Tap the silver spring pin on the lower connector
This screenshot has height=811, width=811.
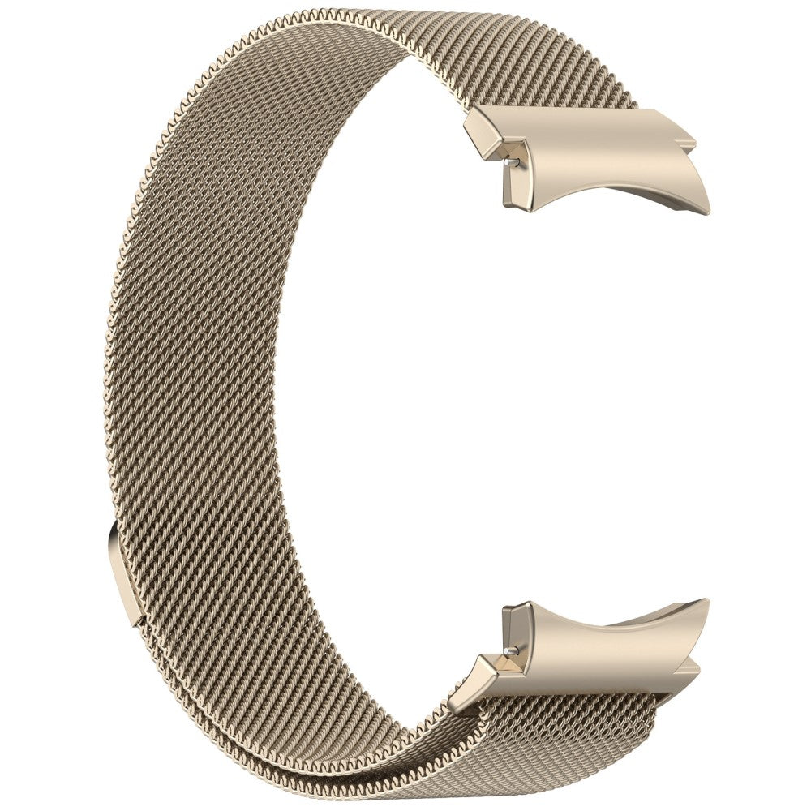click(508, 650)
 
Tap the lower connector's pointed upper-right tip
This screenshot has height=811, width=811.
click(704, 602)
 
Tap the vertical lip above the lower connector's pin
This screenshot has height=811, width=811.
click(511, 620)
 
